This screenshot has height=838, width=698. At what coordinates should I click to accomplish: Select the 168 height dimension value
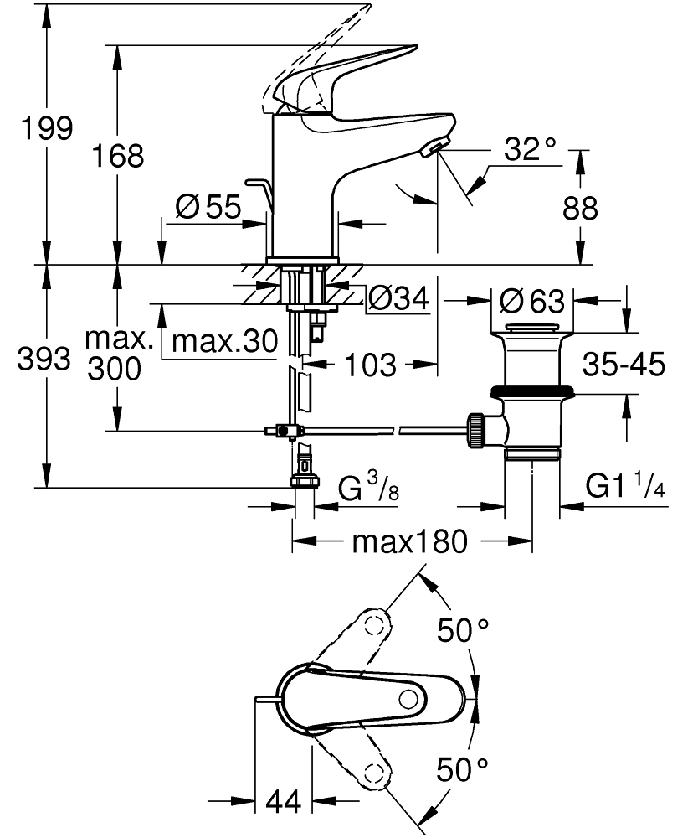point(119,155)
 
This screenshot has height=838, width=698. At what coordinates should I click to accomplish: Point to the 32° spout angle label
point(531,150)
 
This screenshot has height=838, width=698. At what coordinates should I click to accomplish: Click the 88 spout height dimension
point(580,209)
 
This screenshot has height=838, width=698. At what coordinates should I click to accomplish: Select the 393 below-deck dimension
point(43,360)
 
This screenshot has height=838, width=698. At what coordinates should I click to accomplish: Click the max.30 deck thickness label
point(223,341)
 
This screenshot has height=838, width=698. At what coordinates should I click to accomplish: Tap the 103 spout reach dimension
point(370,364)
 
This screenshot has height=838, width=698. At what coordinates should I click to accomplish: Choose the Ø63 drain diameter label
point(531,299)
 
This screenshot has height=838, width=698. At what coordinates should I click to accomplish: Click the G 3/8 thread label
point(368,488)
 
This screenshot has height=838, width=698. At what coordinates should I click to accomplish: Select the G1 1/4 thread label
point(624,487)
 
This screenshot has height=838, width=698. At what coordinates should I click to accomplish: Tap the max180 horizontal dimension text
point(408,543)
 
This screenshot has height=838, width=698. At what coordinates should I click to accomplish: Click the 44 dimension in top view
point(283,802)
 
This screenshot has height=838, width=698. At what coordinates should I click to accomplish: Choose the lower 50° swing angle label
point(464,767)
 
